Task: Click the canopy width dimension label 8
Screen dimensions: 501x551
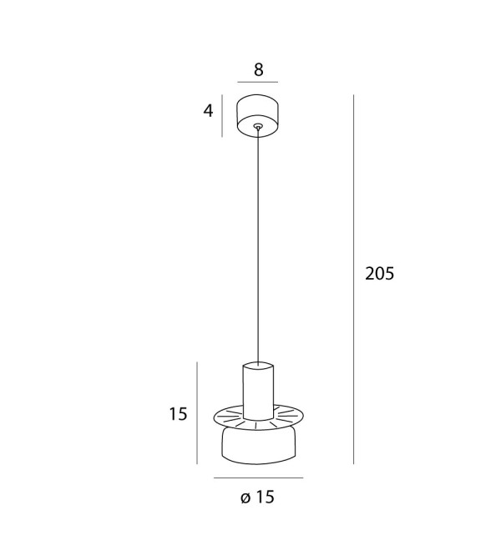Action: pyautogui.click(x=258, y=69)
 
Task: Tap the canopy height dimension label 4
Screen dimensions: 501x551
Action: pyautogui.click(x=208, y=111)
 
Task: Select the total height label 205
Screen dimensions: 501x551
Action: pyautogui.click(x=380, y=273)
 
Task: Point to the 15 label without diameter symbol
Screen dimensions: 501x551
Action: pyautogui.click(x=178, y=414)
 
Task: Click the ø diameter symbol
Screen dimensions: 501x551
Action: pyautogui.click(x=245, y=498)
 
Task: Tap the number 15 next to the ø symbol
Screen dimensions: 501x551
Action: pyautogui.click(x=265, y=498)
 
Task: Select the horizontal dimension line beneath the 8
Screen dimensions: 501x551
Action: pyautogui.click(x=258, y=82)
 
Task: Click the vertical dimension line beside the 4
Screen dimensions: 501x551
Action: pyautogui.click(x=222, y=115)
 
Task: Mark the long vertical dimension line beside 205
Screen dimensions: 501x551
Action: pyautogui.click(x=354, y=280)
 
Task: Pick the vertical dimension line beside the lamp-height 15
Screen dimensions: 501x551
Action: pyautogui.click(x=197, y=413)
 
